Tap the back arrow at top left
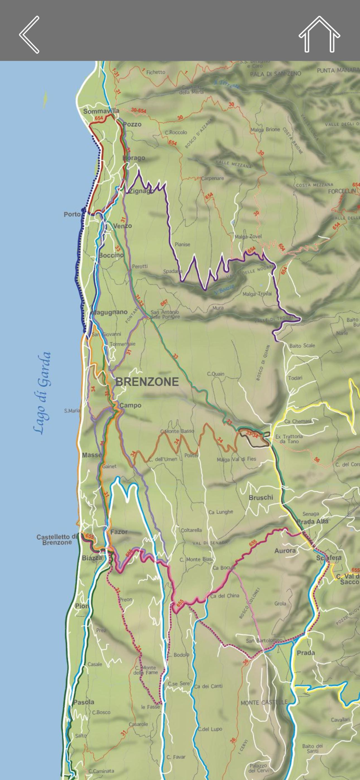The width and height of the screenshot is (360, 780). click(x=29, y=34)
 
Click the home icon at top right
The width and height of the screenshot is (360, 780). click(x=319, y=34)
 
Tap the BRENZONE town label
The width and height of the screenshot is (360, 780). click(x=147, y=382)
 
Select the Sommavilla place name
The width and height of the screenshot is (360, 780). click(x=101, y=111)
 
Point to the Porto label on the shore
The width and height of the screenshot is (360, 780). click(x=72, y=214)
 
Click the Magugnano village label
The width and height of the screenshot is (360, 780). click(x=109, y=312)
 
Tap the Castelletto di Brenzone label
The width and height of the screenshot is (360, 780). click(x=57, y=539)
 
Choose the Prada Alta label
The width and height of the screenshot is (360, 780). click(x=312, y=522)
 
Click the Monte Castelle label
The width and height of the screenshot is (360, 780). click(x=264, y=703)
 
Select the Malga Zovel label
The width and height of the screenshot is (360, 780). click(x=248, y=237)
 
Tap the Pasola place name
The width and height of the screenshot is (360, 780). click(x=83, y=702)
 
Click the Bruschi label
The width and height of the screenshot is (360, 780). click(x=261, y=498)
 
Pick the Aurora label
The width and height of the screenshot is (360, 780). click(x=285, y=550)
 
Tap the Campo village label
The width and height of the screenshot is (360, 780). click(x=130, y=405)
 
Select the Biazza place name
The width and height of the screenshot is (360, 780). click(x=92, y=558)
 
